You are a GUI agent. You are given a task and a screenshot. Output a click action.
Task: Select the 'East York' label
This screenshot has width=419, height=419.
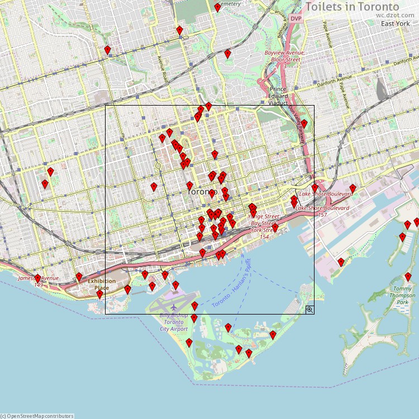[x=395, y=23]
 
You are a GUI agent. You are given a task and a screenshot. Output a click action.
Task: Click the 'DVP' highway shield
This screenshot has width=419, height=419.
[x=296, y=18]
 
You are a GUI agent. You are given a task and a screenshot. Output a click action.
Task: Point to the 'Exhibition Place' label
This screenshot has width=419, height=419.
[x=102, y=284]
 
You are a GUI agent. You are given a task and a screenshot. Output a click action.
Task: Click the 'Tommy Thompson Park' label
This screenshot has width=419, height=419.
[x=402, y=295]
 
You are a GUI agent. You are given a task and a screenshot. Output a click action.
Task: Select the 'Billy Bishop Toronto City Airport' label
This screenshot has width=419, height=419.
[x=173, y=322]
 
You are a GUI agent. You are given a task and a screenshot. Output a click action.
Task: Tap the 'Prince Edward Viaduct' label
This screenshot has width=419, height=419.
[x=278, y=96]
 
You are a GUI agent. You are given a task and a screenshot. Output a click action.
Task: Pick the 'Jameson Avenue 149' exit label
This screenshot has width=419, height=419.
[x=39, y=281]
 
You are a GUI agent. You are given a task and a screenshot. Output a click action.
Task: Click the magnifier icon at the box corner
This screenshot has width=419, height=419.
[x=310, y=309]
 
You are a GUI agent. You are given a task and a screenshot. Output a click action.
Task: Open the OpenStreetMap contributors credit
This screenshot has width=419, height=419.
[x=37, y=416]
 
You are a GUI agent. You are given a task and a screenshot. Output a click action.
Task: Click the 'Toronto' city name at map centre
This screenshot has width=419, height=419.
[x=200, y=192]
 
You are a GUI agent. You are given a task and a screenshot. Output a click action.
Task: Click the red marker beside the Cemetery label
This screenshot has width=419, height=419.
[x=217, y=7]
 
